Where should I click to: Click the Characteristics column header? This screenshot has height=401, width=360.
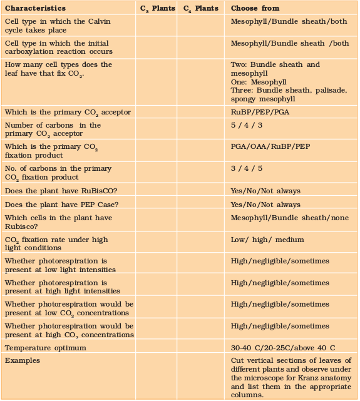pyautogui.click(x=35, y=8)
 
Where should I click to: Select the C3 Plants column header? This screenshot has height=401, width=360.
pyautogui.click(x=157, y=8)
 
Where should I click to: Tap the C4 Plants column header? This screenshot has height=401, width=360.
pyautogui.click(x=200, y=8)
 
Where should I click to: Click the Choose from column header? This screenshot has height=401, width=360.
pyautogui.click(x=255, y=8)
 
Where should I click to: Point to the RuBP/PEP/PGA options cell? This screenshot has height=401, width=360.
pyautogui.click(x=260, y=112)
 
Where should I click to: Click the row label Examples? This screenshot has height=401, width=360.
pyautogui.click(x=23, y=361)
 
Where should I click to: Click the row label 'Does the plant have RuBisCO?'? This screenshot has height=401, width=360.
pyautogui.click(x=58, y=191)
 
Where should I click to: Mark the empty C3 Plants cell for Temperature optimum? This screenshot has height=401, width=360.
pyautogui.click(x=157, y=347)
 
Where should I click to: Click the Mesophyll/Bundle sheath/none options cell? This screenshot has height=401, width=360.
pyautogui.click(x=289, y=218)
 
